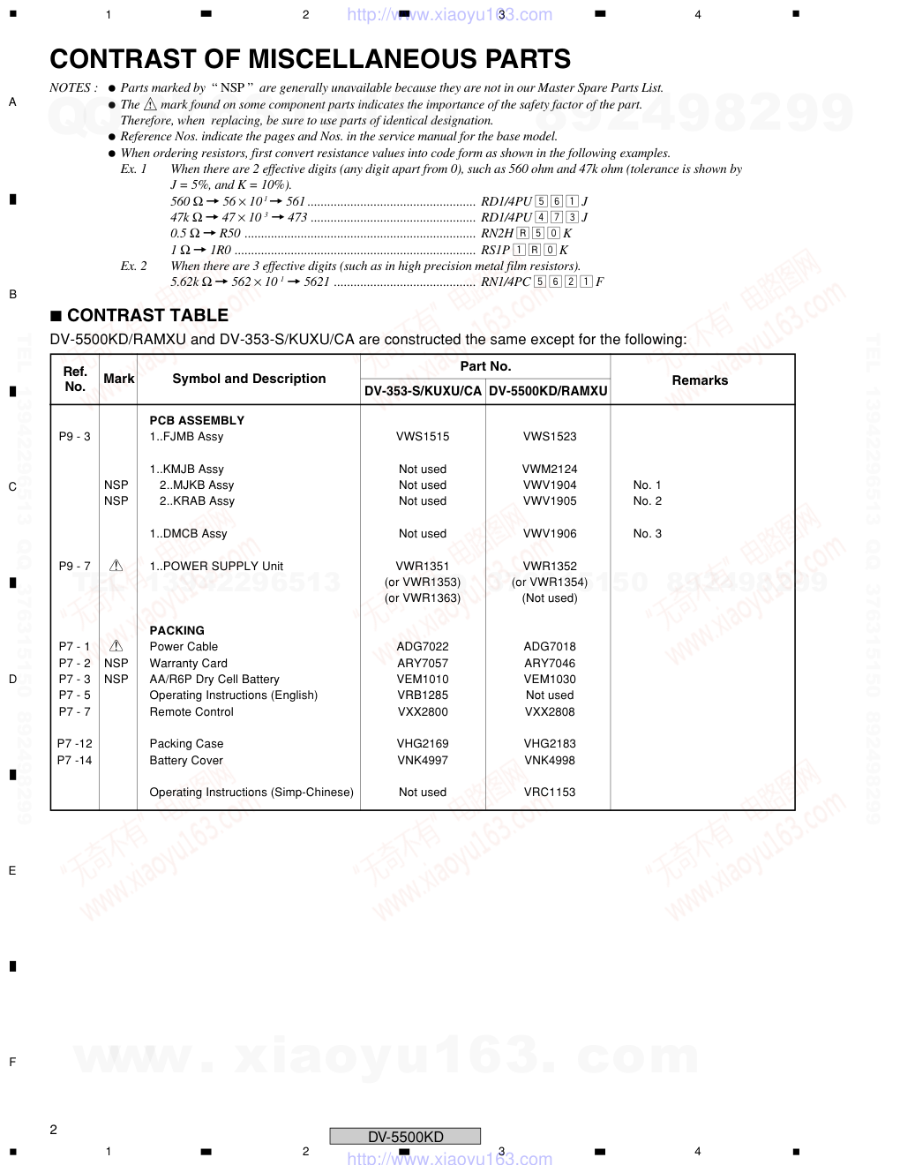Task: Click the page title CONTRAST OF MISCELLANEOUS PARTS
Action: (x=310, y=59)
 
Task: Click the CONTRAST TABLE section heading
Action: (x=146, y=315)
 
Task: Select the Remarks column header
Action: (x=700, y=380)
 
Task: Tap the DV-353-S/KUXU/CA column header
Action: (x=423, y=391)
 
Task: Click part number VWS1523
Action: (x=550, y=437)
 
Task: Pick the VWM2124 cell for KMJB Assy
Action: (x=550, y=470)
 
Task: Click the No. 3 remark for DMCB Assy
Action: (x=647, y=534)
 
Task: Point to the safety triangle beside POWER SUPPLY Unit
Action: (x=116, y=566)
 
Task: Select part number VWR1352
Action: (x=550, y=567)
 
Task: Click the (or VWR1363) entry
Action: (x=423, y=598)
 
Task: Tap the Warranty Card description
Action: (x=188, y=664)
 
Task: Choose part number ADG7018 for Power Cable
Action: (x=550, y=647)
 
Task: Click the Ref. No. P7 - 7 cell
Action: (x=75, y=712)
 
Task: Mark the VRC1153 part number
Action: (x=550, y=793)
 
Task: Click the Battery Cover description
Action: (x=186, y=761)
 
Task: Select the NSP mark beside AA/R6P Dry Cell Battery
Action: (x=116, y=680)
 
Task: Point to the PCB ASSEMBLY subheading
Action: (x=197, y=421)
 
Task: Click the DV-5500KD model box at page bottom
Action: (x=405, y=1137)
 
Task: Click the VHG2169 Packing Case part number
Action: (x=423, y=744)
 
